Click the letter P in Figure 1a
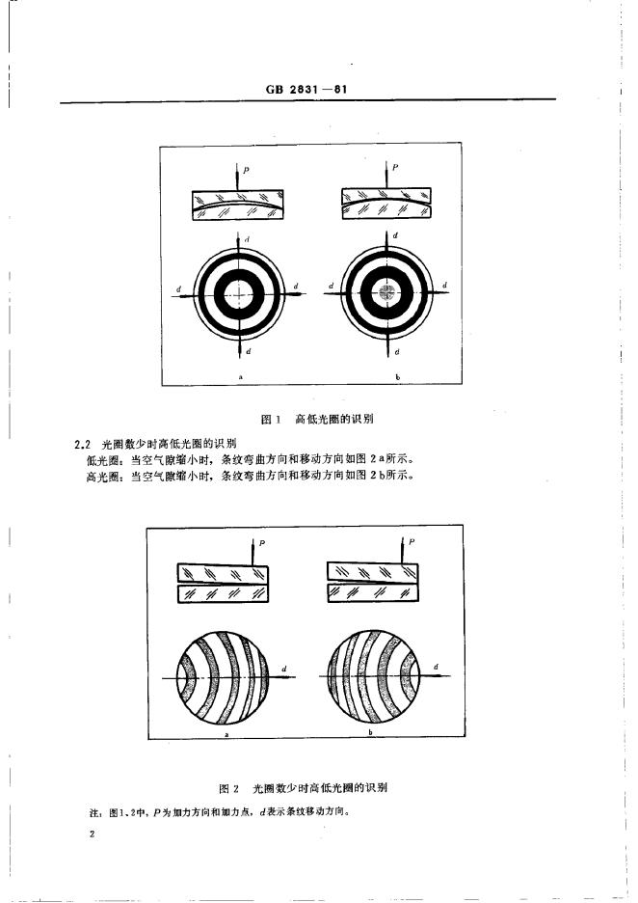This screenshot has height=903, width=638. point(247,169)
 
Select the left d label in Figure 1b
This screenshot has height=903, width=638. point(331,287)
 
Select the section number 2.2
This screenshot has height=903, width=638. point(82,445)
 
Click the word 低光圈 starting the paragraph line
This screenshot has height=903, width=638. point(100,460)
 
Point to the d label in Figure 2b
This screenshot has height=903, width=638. point(437,667)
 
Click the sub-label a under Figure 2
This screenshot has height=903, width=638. point(226,735)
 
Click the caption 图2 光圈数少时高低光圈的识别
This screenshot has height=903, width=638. point(317,788)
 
